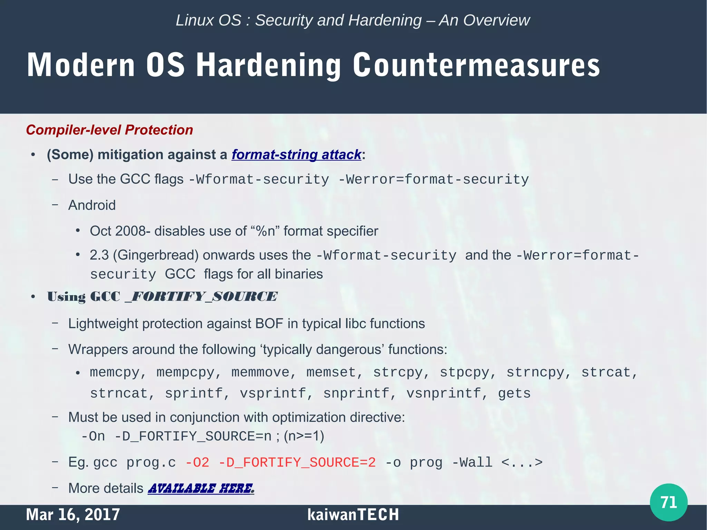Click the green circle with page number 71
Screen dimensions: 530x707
coord(668,502)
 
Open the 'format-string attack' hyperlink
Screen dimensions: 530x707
coord(296,155)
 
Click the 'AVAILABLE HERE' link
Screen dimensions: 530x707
coord(201,488)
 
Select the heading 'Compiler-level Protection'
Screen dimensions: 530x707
coord(109,130)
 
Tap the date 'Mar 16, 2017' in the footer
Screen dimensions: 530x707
coord(73,514)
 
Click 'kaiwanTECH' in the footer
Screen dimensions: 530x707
coord(353,514)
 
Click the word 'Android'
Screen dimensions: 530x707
coord(92,205)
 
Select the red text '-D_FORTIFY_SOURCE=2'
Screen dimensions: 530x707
coord(297,462)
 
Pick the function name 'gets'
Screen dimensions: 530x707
coord(514,394)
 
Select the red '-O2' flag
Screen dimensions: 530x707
coord(197,462)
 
